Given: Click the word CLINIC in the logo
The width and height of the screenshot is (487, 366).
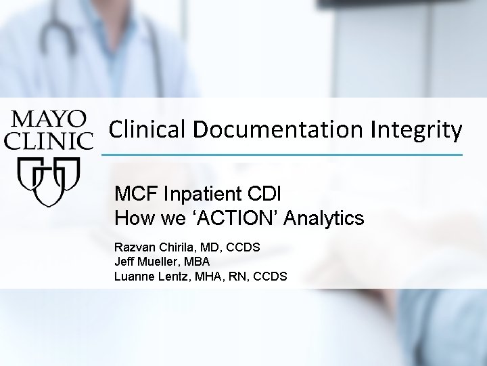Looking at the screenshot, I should click(x=49, y=140).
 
